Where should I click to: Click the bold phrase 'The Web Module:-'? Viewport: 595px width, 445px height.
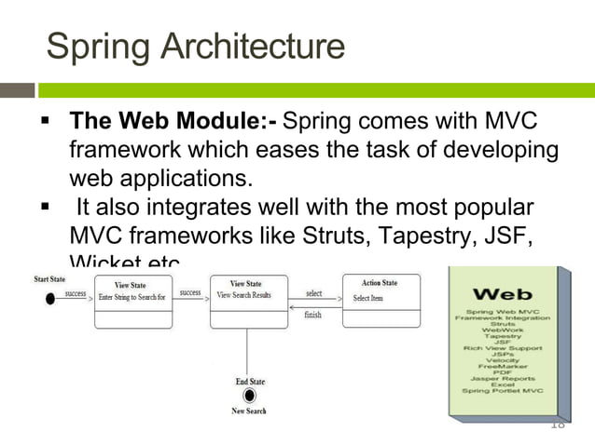pyautogui.click(x=173, y=123)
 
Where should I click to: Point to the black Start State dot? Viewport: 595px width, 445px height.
pyautogui.click(x=50, y=298)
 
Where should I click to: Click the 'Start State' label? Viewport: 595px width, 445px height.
pyautogui.click(x=49, y=279)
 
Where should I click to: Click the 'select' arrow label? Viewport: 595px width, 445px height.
pyautogui.click(x=314, y=293)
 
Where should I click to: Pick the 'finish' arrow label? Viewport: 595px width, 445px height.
pyautogui.click(x=313, y=315)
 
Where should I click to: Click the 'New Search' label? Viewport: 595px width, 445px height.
pyautogui.click(x=249, y=411)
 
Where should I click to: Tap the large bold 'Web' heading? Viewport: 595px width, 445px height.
pyautogui.click(x=503, y=295)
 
